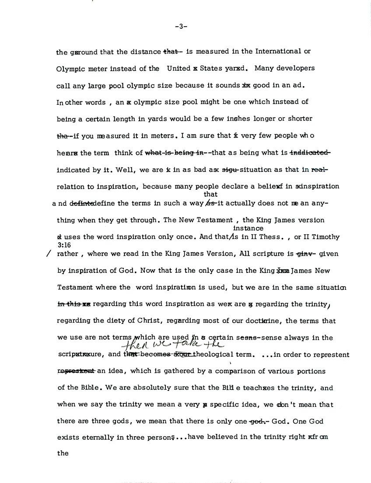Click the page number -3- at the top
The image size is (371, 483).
(181, 26)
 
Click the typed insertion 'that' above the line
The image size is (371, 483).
(210, 194)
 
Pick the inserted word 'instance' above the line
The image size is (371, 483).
(248, 228)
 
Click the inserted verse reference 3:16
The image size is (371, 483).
(64, 246)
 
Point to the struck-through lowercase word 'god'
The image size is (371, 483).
(255, 421)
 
